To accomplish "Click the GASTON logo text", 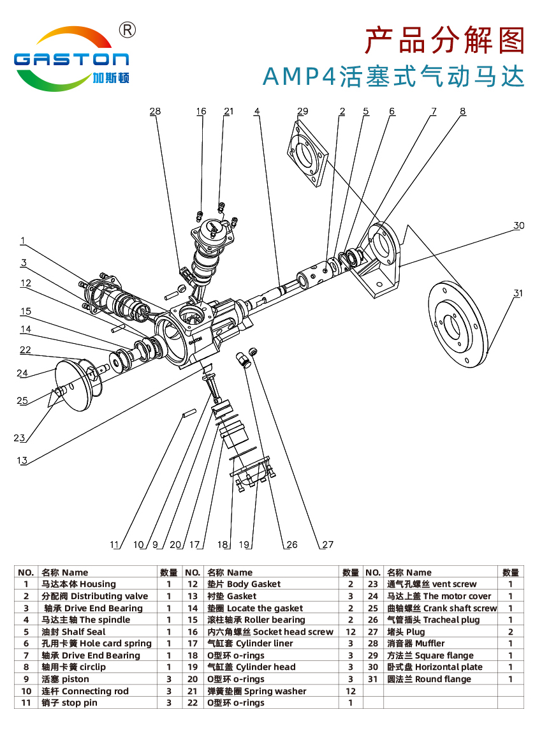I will click(71, 59).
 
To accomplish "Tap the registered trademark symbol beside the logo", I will click(128, 29).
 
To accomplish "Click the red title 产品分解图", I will click(444, 41).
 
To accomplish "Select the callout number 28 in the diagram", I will click(155, 111).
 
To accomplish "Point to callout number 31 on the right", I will click(518, 293).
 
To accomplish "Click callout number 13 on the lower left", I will click(22, 460).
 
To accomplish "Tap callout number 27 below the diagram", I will click(327, 544).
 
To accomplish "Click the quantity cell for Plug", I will click(510, 632).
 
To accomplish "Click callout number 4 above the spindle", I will click(257, 111).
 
